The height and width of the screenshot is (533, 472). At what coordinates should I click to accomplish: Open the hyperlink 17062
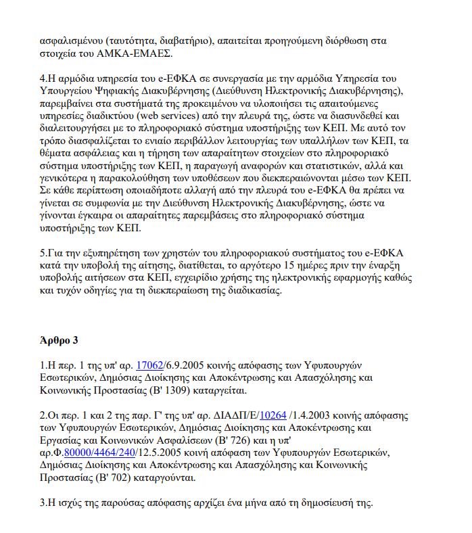(x=150, y=366)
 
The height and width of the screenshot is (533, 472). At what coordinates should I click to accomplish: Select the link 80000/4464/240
(x=101, y=453)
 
